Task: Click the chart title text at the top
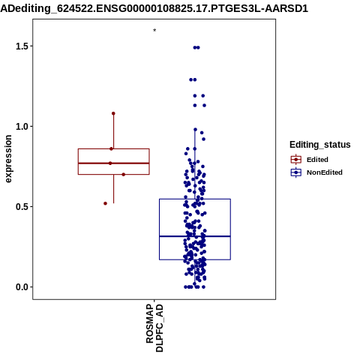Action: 154,9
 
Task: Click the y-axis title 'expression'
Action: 8,159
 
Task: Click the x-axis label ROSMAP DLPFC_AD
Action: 154,328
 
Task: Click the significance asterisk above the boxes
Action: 154,31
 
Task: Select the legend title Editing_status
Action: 320,145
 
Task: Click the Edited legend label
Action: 317,160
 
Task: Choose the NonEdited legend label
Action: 325,172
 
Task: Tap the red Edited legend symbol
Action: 296,160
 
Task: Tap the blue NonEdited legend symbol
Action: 296,172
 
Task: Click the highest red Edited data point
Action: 113,113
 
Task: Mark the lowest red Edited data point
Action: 105,203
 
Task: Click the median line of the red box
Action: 114,163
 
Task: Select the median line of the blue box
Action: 195,236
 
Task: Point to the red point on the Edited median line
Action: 110,163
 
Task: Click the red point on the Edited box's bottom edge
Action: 124,175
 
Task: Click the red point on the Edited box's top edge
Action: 111,148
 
